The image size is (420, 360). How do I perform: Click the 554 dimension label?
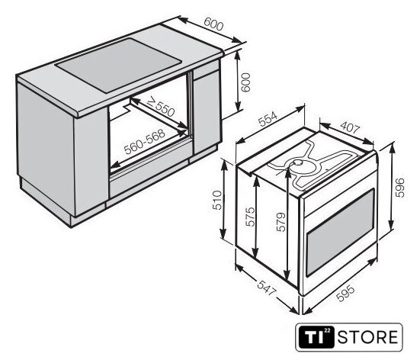268,119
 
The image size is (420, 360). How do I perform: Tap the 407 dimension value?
350,127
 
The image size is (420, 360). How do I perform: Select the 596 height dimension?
399,188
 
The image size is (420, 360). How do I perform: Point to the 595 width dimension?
345,293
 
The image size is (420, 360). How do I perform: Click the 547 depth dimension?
266,288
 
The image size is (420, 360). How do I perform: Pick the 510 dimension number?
216,200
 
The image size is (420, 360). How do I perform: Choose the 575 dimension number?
250,217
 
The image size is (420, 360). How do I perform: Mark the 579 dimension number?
281,222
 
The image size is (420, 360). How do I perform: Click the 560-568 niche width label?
145,142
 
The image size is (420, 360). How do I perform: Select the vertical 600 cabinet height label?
245,82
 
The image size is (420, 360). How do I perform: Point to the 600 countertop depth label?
213,24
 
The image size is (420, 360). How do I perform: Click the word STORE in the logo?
367,337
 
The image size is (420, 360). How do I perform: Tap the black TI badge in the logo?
316,337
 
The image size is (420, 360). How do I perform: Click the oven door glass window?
340,232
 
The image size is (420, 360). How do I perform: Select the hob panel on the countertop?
118,66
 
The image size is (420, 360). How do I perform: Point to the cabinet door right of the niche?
207,113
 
